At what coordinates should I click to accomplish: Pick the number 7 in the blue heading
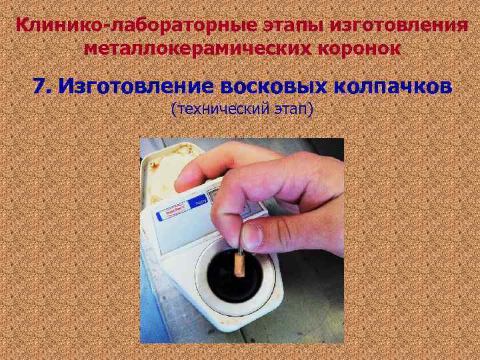40,86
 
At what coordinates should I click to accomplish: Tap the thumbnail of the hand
252,236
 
